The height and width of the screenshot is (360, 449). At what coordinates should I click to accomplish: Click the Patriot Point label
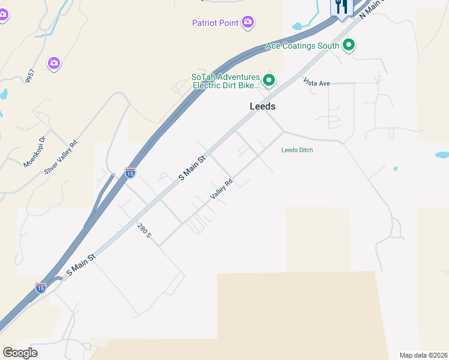click(215, 23)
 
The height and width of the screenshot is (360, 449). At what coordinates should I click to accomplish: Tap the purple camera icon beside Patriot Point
click(248, 23)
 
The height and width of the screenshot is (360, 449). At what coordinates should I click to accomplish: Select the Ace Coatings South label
click(303, 45)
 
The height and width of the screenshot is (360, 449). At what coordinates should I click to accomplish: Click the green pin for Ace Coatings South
click(348, 44)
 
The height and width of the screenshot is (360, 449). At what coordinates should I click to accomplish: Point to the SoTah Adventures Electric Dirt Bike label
click(226, 81)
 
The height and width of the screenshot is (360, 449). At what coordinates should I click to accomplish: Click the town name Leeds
click(262, 106)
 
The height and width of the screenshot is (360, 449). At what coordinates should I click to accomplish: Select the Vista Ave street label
click(316, 82)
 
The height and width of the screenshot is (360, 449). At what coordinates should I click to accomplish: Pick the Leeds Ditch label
click(297, 150)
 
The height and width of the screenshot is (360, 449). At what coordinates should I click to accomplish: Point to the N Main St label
click(372, 8)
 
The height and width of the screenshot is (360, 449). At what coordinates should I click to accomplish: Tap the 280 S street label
click(144, 230)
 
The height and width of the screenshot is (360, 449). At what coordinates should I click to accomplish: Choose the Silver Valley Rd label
click(61, 157)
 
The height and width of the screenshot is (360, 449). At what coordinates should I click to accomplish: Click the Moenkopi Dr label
click(34, 152)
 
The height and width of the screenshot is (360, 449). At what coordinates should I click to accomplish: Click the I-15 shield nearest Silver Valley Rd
click(130, 173)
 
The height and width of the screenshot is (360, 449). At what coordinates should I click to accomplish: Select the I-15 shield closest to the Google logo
click(40, 288)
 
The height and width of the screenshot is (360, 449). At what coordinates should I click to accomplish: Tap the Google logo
click(20, 353)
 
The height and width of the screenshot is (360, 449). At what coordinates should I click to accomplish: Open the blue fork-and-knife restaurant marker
click(340, 7)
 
